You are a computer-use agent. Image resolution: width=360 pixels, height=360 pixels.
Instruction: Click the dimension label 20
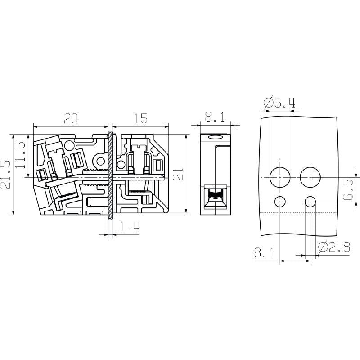(71, 119)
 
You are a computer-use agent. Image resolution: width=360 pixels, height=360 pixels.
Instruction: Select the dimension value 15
(140, 119)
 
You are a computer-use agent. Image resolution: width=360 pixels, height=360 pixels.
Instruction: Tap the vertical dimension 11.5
(20, 156)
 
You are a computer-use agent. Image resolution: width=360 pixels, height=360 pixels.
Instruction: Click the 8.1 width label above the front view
(214, 118)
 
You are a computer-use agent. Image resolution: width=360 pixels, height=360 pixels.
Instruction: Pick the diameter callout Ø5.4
(279, 103)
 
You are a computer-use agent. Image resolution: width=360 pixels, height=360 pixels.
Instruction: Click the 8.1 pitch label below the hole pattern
(265, 253)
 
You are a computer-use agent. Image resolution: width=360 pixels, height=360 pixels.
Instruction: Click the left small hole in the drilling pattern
(280, 202)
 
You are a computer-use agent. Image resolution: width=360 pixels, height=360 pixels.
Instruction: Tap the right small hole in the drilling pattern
(310, 202)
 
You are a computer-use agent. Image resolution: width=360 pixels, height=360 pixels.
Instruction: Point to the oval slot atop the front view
(216, 139)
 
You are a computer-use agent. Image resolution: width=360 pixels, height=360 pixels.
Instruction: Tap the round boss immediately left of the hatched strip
(100, 161)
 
